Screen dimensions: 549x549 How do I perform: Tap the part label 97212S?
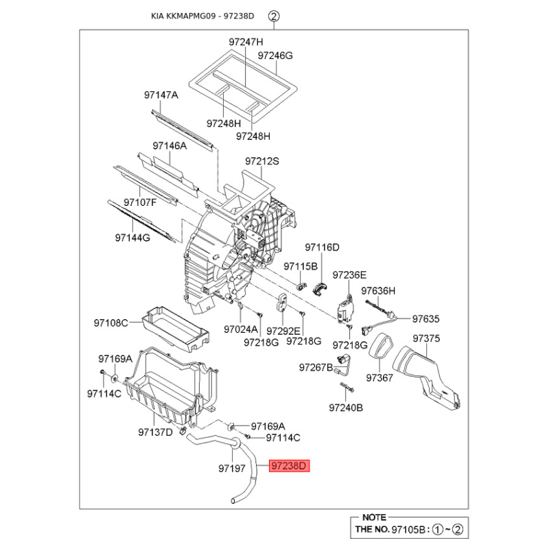(262, 162)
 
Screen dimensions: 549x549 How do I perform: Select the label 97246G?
(275, 55)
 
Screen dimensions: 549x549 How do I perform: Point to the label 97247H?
(246, 42)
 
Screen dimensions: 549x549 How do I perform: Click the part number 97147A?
(161, 95)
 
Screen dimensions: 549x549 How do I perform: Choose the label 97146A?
(170, 145)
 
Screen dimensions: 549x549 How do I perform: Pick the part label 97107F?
(141, 202)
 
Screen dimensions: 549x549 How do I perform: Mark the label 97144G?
(132, 238)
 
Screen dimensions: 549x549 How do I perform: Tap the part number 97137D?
(155, 432)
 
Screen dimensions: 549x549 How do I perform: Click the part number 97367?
(379, 377)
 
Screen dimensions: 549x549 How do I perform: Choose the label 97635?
(425, 319)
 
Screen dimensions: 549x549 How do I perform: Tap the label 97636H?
(379, 290)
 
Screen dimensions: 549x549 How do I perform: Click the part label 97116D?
(323, 246)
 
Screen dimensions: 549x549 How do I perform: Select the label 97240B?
(346, 408)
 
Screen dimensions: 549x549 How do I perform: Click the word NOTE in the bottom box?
(373, 517)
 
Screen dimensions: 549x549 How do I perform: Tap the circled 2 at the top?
(274, 15)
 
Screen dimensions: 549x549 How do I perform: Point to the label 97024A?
(240, 329)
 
